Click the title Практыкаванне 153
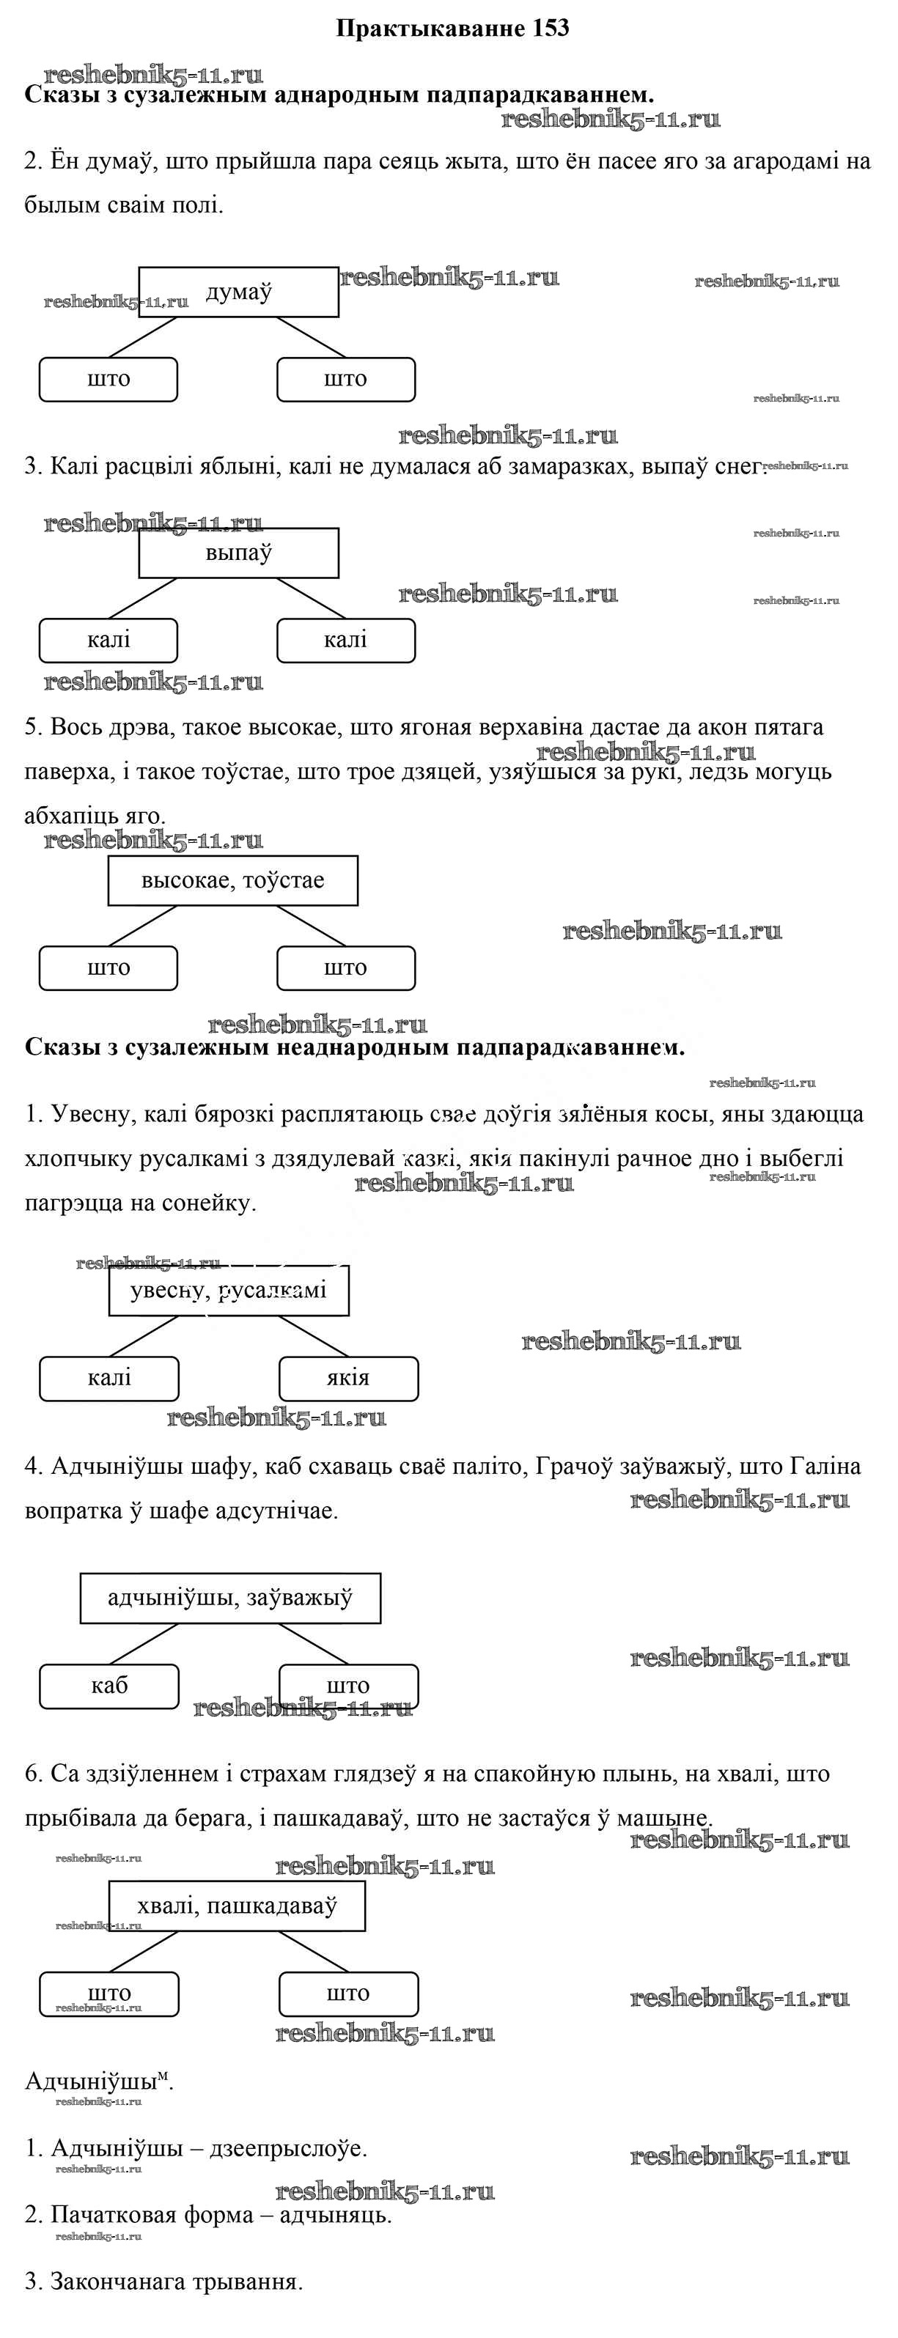452,28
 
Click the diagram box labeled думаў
238,292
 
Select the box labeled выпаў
238,553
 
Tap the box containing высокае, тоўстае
232,879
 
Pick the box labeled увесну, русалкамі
229,1290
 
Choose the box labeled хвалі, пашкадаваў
237,1905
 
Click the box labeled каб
109,1686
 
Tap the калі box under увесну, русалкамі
109,1378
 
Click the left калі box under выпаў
108,640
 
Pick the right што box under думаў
345,378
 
